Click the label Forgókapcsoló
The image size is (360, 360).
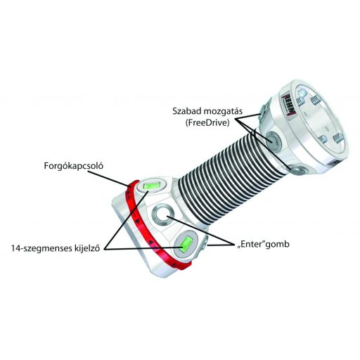74,167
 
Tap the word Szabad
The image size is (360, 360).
186,111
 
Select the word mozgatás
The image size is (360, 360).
222,111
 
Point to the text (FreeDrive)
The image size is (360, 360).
207,123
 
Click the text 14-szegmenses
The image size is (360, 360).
41,249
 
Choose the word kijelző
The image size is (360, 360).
87,248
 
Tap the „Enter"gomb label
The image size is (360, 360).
263,245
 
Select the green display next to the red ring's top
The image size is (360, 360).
151,185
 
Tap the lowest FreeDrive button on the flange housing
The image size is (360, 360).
298,169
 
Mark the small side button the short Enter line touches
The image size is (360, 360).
204,245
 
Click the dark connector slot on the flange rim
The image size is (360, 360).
333,163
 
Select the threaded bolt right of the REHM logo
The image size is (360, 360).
316,99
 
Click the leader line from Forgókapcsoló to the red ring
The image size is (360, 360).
109,179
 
